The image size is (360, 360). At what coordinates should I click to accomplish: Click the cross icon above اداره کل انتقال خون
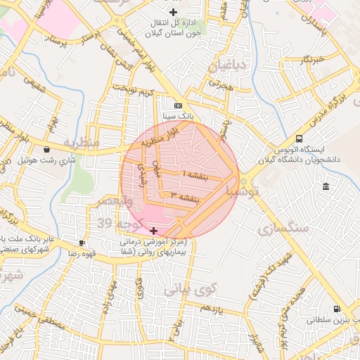click(173, 12)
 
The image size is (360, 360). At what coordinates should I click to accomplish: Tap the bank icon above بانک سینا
click(178, 105)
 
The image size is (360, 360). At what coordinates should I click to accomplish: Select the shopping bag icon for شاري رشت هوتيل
click(46, 149)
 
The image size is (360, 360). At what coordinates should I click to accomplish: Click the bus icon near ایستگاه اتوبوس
click(300, 139)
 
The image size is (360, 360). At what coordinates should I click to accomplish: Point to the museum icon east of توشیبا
click(325, 186)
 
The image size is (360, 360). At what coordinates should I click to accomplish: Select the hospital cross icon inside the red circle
click(154, 231)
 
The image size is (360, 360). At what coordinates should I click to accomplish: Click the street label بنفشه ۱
click(196, 173)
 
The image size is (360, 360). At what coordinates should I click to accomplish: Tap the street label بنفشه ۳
click(187, 198)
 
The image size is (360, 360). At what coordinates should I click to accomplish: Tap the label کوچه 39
click(117, 224)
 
